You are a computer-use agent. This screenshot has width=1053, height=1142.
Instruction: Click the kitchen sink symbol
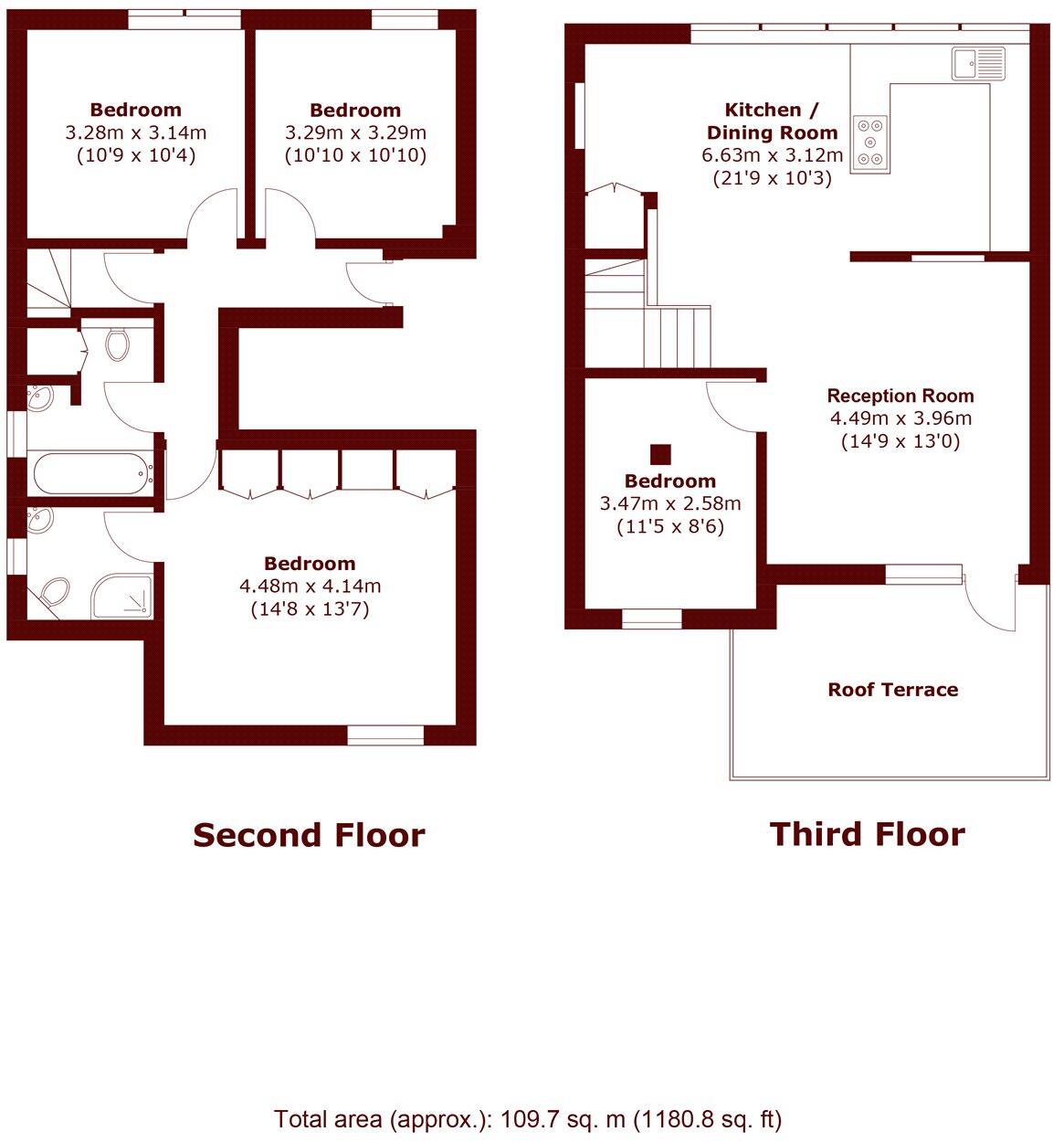[977, 64]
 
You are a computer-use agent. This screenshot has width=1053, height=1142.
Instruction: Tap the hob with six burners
[869, 143]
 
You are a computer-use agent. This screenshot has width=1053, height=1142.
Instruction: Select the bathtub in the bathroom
[91, 472]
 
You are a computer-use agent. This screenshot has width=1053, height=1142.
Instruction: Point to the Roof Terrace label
[892, 690]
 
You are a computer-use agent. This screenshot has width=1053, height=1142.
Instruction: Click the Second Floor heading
[309, 835]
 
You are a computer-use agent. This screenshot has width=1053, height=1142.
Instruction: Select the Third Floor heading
[867, 834]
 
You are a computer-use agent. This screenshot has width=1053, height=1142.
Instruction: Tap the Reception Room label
[900, 396]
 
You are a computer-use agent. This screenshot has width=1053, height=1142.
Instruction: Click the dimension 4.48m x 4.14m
[310, 586]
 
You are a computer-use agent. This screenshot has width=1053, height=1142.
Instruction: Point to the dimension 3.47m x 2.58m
[669, 503]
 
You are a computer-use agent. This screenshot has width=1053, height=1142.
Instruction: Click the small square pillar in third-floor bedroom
[660, 454]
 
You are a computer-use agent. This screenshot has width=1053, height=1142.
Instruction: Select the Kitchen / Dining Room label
[772, 121]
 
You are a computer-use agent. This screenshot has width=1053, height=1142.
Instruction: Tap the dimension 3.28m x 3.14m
[135, 132]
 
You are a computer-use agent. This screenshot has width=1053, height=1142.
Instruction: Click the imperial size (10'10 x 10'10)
[355, 155]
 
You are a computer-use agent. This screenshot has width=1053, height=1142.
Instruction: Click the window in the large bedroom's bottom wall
[384, 734]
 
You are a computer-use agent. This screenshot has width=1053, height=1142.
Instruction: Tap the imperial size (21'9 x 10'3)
[772, 178]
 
